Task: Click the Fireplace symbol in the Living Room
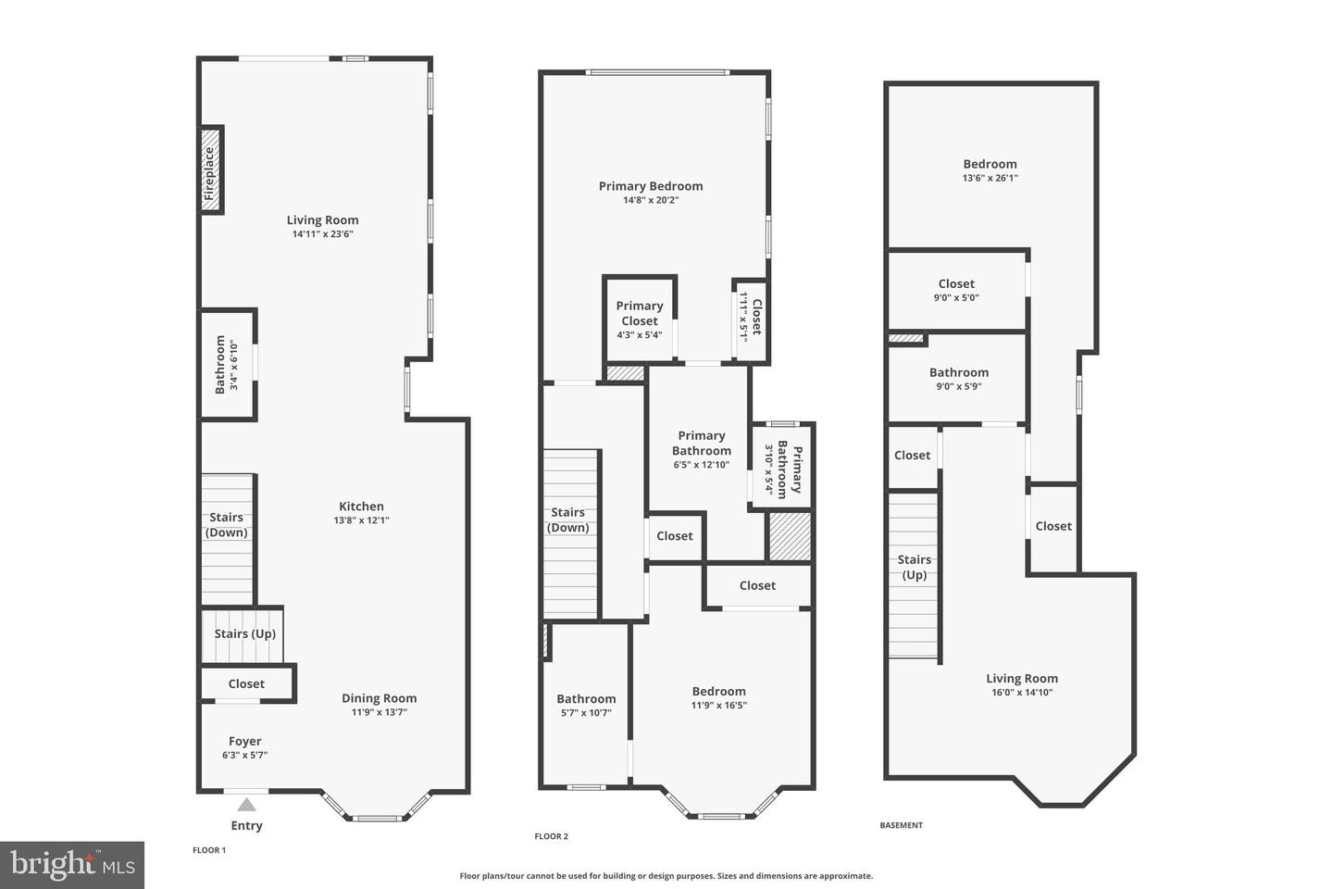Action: click(212, 171)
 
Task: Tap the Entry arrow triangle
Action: click(246, 805)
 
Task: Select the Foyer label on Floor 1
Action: click(245, 741)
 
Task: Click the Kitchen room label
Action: click(361, 507)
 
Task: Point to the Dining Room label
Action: click(380, 698)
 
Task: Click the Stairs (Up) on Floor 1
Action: click(244, 634)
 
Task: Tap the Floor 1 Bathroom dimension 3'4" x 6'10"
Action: click(234, 365)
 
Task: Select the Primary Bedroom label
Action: click(651, 186)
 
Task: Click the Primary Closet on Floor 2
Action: click(640, 314)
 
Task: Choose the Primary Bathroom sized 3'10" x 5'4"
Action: click(783, 469)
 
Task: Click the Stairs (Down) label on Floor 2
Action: click(568, 520)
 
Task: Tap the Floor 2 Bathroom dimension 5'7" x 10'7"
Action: click(586, 713)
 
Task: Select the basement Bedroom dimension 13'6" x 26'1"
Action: click(990, 178)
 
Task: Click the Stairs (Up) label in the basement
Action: click(914, 567)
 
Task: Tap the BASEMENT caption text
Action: click(901, 825)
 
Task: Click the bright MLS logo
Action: click(72, 865)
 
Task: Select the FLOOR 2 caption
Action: click(552, 836)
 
